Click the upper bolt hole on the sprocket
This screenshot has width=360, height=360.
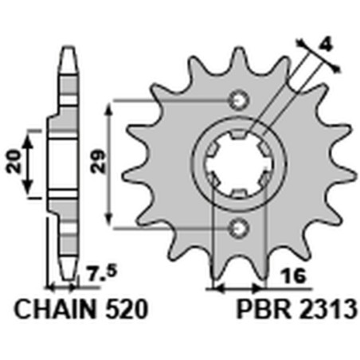pyautogui.click(x=237, y=100)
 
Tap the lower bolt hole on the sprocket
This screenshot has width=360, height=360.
pyautogui.click(x=237, y=229)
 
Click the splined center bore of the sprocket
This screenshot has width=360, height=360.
pyautogui.click(x=237, y=164)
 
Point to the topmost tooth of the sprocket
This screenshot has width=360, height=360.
pyautogui.click(x=237, y=57)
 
